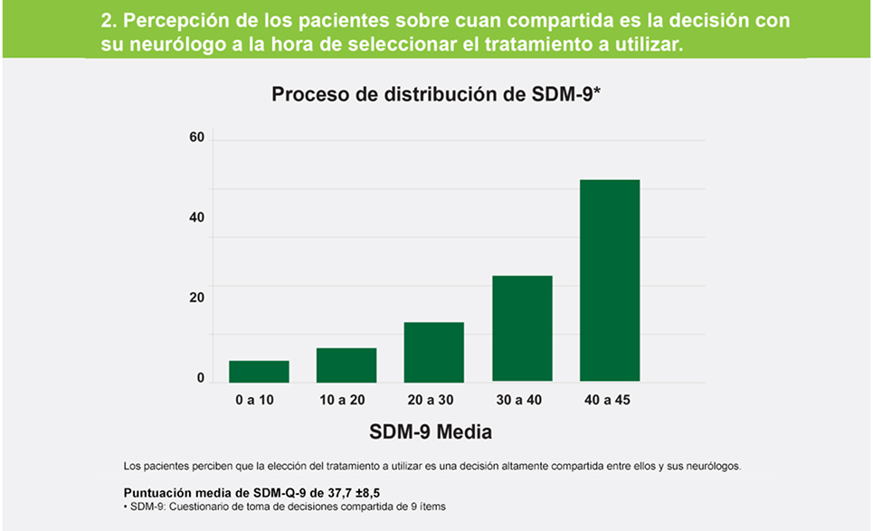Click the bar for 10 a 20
tap(346, 365)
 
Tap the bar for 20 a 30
tap(433, 352)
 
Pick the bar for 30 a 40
tap(522, 328)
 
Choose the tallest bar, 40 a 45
tap(610, 280)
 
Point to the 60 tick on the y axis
tap(196, 138)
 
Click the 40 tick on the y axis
tap(196, 218)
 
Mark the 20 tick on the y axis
tap(196, 298)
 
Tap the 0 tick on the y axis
tap(201, 378)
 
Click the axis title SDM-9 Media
tap(431, 432)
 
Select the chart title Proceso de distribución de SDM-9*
tap(436, 94)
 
